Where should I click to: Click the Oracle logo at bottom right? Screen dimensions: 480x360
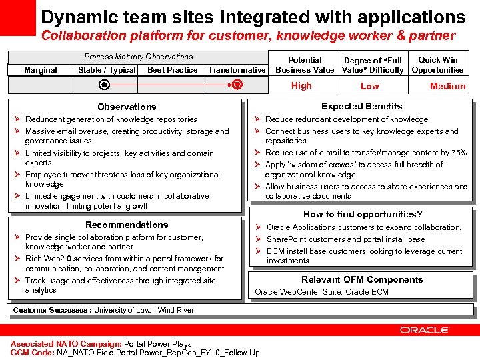point(425,329)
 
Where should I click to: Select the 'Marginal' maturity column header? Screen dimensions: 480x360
point(40,70)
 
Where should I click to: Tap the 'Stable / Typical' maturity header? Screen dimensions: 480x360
point(107,70)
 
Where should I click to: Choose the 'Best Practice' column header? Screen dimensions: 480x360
point(173,70)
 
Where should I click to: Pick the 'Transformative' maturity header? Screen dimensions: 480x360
point(237,70)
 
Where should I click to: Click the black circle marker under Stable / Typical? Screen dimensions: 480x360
point(103,85)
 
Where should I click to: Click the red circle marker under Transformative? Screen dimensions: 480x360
point(238,85)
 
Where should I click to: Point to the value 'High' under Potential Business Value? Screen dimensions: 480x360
point(301,85)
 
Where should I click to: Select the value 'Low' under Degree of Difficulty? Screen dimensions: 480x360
point(369,86)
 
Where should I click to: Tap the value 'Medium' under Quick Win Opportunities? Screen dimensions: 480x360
point(447,86)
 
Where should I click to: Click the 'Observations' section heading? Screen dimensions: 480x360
point(127,107)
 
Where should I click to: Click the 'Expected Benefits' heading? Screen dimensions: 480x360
point(361,106)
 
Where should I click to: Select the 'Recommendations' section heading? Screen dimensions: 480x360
point(127,225)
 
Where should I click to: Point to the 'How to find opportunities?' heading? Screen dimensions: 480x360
point(363,214)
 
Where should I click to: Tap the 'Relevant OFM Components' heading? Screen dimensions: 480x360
point(362,280)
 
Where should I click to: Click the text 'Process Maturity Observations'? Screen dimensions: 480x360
point(138,57)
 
